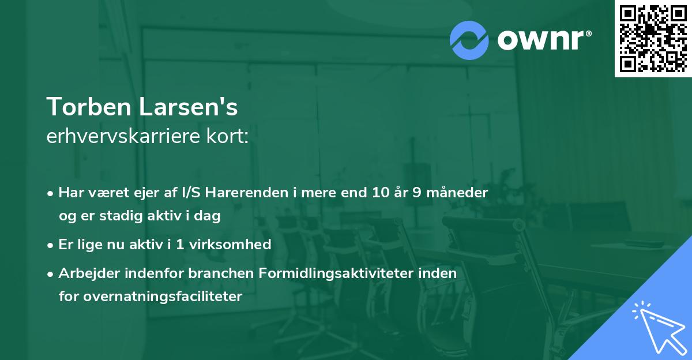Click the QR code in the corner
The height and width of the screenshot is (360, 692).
653,39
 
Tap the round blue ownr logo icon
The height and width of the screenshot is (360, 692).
469,40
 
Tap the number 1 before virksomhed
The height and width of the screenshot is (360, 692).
179,245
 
